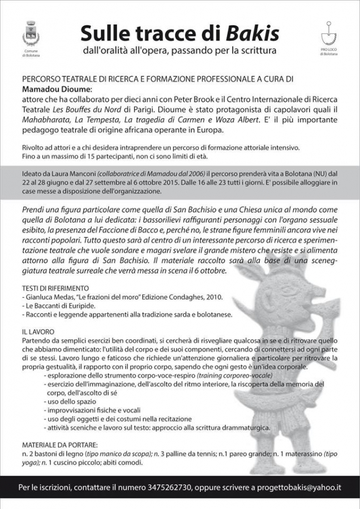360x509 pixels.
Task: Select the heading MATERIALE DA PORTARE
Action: (61, 445)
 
